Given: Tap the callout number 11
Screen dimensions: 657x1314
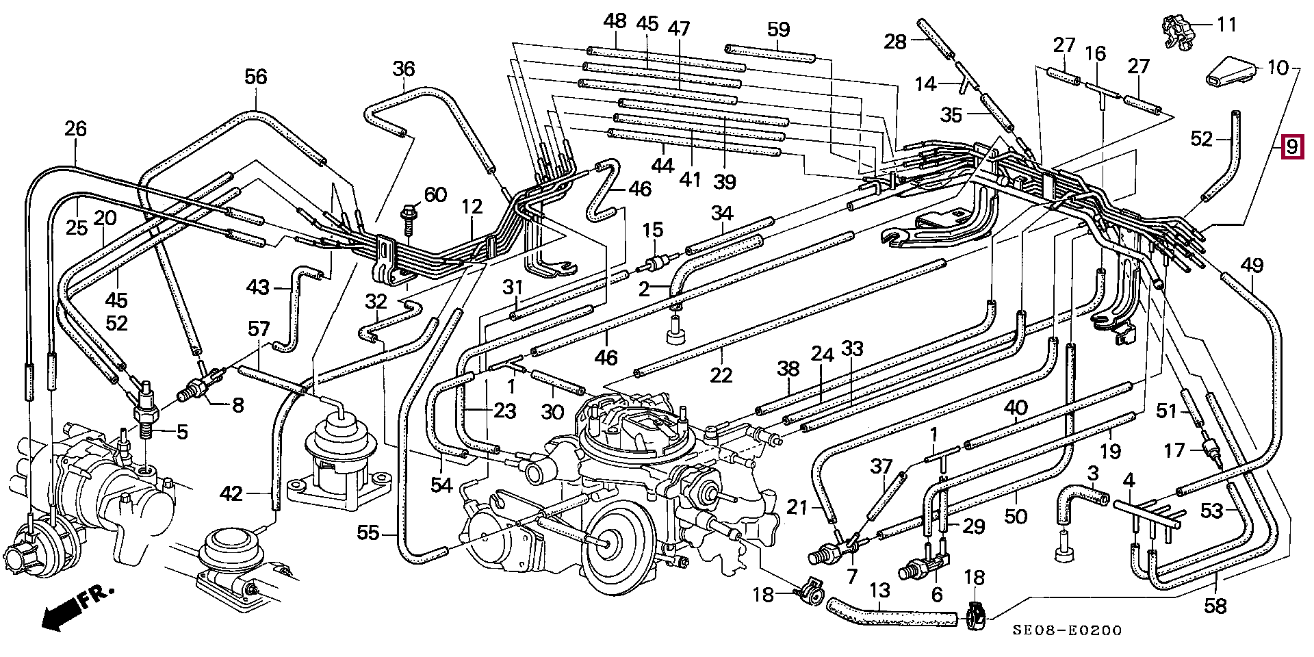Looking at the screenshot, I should (1226, 25).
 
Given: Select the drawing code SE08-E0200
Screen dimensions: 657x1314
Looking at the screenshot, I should (1067, 630).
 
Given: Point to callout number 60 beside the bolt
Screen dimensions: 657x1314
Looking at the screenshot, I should (435, 196).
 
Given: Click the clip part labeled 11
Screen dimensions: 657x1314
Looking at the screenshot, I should (1178, 31).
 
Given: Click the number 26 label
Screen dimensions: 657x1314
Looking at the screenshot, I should (76, 129).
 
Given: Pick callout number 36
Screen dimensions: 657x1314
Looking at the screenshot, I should (404, 69).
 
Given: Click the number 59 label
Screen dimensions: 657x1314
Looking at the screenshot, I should (778, 29).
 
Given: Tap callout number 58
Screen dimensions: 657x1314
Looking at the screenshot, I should (1215, 605).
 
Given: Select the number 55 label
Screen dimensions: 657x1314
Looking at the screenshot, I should (368, 532).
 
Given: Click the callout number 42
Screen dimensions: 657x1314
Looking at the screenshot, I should (231, 493).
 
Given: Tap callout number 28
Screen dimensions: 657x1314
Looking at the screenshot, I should (894, 42).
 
